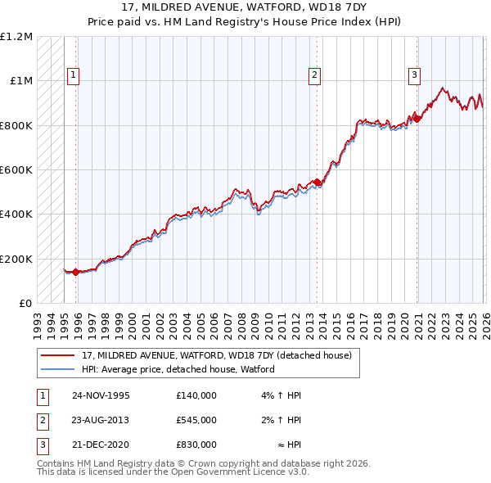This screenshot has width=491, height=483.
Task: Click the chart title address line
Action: point(245,7)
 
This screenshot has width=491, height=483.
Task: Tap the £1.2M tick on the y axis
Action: point(16,37)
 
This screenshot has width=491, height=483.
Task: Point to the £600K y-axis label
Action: point(16,170)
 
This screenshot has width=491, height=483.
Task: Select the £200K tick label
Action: point(16,259)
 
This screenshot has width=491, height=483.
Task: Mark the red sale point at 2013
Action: point(318,182)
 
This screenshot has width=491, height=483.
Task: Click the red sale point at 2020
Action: point(417,119)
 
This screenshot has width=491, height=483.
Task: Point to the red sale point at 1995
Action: point(76,272)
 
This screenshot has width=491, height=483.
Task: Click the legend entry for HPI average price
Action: point(178,369)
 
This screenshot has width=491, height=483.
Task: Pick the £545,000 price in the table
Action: point(196,420)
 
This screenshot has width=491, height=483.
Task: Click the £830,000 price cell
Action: point(196,445)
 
